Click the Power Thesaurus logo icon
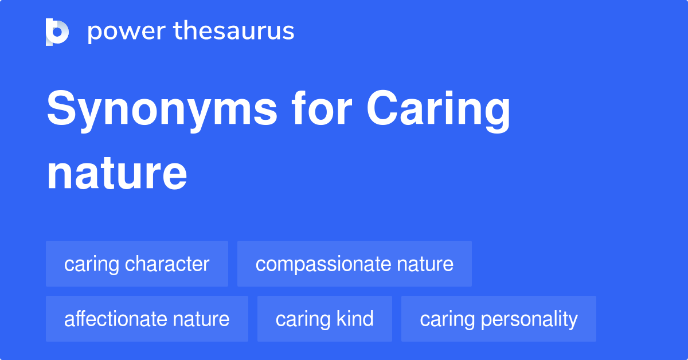coord(57,32)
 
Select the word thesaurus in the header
coord(234,32)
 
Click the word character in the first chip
coord(167,264)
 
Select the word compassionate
coord(323,264)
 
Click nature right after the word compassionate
coord(425,264)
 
